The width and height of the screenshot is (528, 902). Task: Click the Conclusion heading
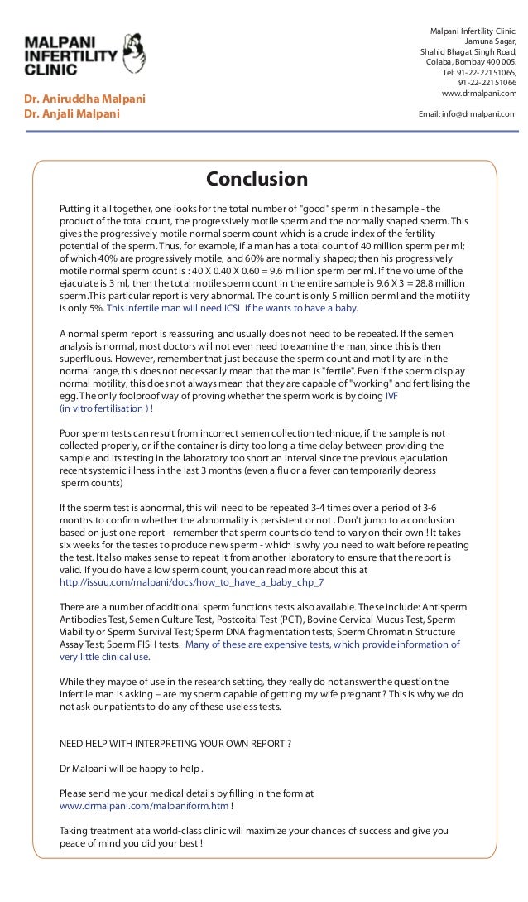point(257,180)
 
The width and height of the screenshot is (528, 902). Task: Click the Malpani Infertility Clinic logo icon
point(132,54)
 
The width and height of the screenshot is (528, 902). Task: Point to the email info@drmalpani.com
point(468,114)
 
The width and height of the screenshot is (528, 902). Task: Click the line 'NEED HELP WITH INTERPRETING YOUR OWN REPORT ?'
point(175,743)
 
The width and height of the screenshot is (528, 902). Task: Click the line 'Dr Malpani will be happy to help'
point(131,768)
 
